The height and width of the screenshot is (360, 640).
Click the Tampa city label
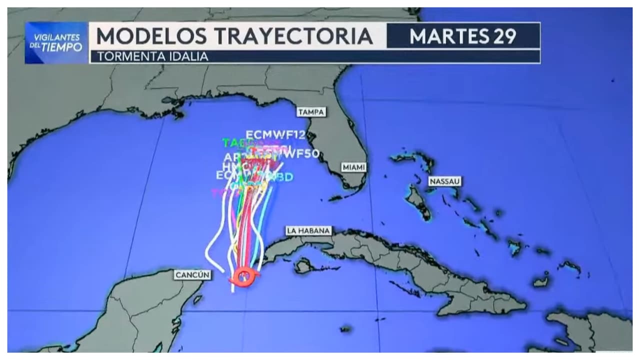click(x=311, y=112)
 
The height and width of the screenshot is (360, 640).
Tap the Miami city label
click(x=353, y=167)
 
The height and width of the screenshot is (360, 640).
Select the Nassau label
click(x=444, y=181)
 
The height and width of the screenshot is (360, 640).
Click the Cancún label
click(x=192, y=275)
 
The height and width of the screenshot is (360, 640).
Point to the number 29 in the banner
click(x=504, y=36)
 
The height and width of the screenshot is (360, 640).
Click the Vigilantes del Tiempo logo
click(x=56, y=43)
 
